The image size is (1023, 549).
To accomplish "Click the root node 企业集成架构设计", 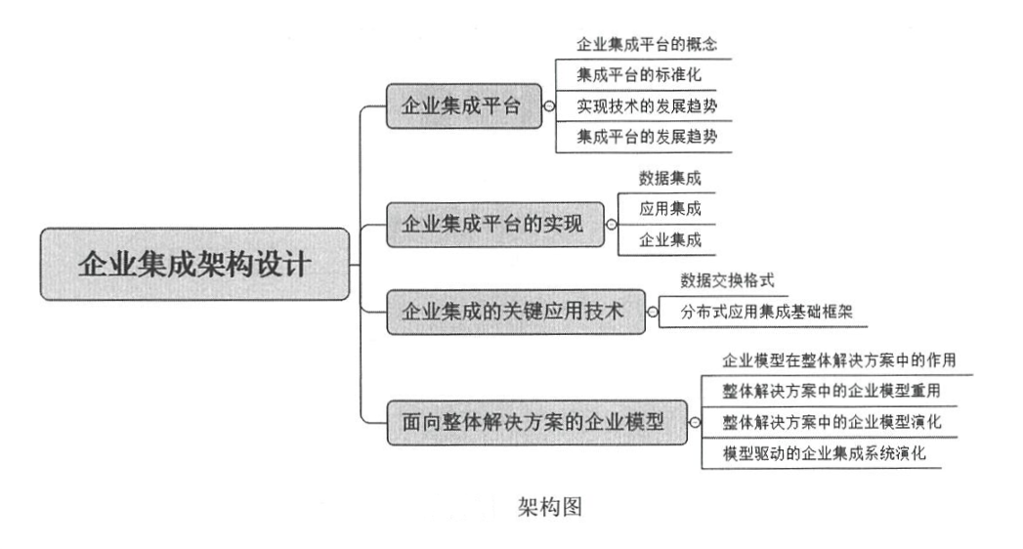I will coord(194,264).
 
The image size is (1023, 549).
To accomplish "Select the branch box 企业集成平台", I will coord(462,106).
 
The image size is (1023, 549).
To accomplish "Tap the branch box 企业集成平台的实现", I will coord(492,224).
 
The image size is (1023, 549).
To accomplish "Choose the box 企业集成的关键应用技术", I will coord(513,312).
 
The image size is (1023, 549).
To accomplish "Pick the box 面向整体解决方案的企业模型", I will coord(533,422).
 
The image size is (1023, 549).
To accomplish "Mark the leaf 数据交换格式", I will coord(728,280).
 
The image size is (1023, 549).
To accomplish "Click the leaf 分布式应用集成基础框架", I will coord(760,313).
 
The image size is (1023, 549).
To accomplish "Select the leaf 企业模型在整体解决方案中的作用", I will coord(837,359).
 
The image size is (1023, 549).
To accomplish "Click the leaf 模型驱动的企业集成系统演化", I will coord(824,453).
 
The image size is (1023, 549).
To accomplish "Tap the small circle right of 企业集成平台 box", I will coord(550,106).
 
